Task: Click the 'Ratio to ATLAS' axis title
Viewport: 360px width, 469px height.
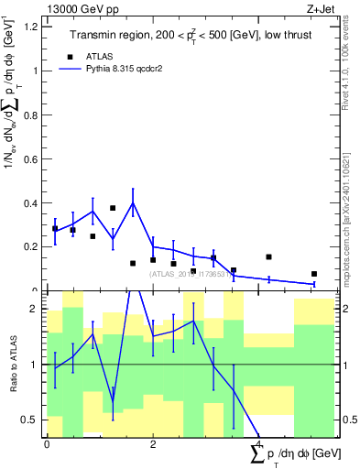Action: pyautogui.click(x=14, y=365)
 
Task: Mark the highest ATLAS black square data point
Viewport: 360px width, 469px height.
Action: pyautogui.click(x=113, y=208)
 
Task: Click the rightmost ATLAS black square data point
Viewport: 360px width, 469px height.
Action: pyautogui.click(x=314, y=274)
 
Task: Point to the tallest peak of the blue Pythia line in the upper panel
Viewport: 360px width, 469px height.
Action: pyautogui.click(x=133, y=202)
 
